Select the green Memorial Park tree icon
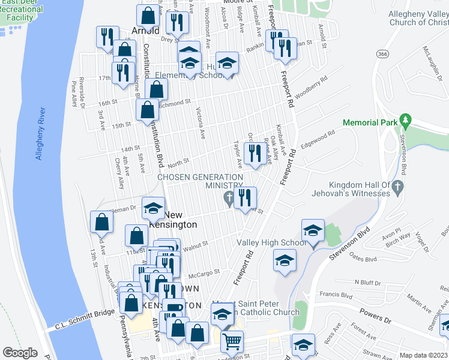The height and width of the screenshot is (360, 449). click(x=406, y=122)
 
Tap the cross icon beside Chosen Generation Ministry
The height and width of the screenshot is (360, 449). click(x=228, y=197)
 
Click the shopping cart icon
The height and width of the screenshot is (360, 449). click(x=231, y=343)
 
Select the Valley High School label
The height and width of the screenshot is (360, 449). click(x=271, y=242)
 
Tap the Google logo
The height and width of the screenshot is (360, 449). click(x=20, y=352)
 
